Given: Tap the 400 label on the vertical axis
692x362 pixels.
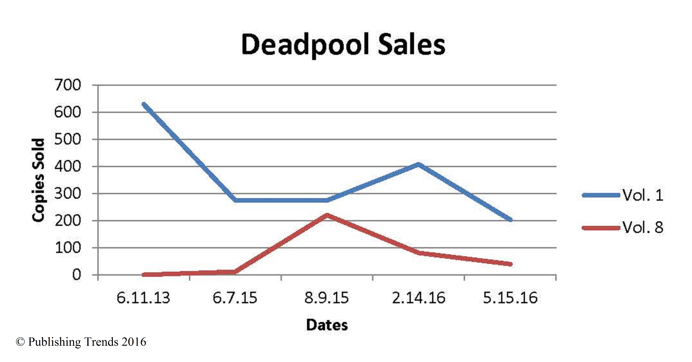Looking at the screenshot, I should (67, 167).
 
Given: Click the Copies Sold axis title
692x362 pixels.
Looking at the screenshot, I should (38, 180).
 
